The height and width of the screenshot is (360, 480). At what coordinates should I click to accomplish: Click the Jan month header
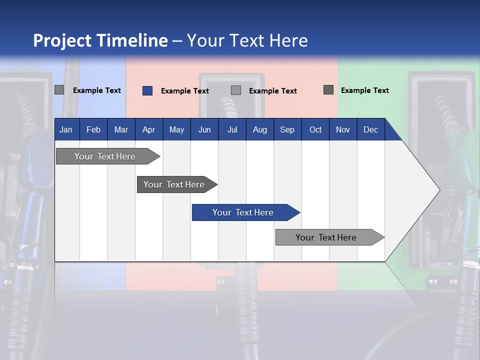coord(66,129)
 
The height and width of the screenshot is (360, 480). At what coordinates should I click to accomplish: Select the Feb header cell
coord(93,129)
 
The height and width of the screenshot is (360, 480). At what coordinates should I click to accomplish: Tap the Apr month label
coord(148,129)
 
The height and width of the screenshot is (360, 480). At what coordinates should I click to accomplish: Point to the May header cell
coord(176,129)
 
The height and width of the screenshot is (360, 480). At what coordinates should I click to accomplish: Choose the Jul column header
coord(232,129)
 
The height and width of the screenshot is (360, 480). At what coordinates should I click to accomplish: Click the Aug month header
coord(259,129)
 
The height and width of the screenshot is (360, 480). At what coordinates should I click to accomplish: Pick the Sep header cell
coord(287,129)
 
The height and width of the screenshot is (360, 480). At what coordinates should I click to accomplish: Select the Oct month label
coord(315,129)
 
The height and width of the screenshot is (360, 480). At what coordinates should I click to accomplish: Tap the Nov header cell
coord(343,129)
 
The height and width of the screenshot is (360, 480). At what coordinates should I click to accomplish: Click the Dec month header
coord(370,129)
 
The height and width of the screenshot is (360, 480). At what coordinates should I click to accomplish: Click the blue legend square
coord(147,90)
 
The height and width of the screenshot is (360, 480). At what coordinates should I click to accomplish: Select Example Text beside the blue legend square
coord(184,91)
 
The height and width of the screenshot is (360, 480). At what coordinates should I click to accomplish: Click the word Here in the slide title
coord(288,40)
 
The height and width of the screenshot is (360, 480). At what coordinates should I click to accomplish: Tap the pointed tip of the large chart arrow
coord(438,189)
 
